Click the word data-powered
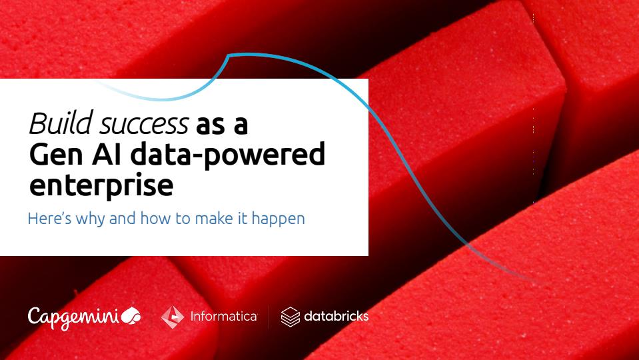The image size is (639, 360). pyautogui.click(x=228, y=155)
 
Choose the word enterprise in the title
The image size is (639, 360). pyautogui.click(x=101, y=186)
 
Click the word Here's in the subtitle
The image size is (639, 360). pyautogui.click(x=49, y=218)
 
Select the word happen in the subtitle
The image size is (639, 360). pyautogui.click(x=279, y=219)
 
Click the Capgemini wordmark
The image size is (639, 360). pyautogui.click(x=74, y=317)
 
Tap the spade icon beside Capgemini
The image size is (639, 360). pyautogui.click(x=131, y=315)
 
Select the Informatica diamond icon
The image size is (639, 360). pyautogui.click(x=173, y=317)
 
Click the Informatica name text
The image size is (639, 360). pyautogui.click(x=224, y=317)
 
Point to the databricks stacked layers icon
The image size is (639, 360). pyautogui.click(x=290, y=317)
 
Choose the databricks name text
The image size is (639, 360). pyautogui.click(x=336, y=316)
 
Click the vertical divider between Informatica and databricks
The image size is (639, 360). pyautogui.click(x=269, y=317)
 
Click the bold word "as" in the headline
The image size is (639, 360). pyautogui.click(x=211, y=126)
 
